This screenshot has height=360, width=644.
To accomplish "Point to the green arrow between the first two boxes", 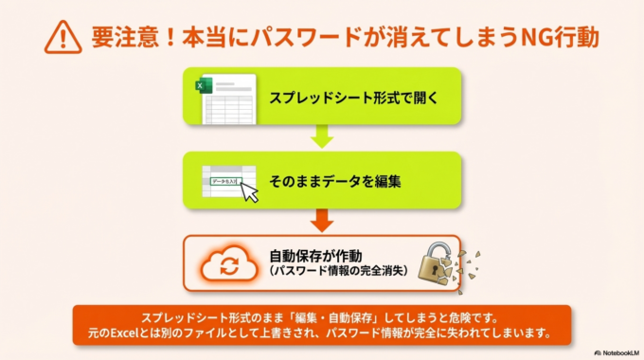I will pyautogui.click(x=322, y=138).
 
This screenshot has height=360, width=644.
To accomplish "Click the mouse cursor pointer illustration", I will pyautogui.click(x=249, y=192).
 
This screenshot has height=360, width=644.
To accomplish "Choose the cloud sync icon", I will pyautogui.click(x=229, y=264).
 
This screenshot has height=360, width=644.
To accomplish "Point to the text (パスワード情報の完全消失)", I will pyautogui.click(x=337, y=272).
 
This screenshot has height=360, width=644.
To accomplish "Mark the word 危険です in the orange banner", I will pyautogui.click(x=478, y=317).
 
